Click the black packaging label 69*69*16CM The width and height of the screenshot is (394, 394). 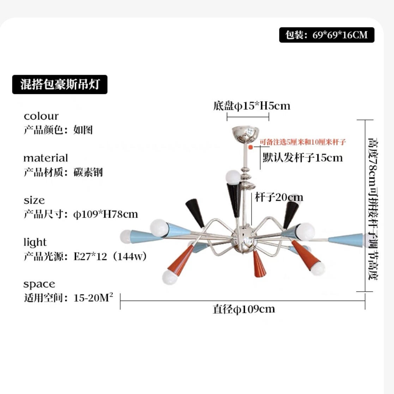[327, 35]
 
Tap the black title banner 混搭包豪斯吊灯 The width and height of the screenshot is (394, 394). [60, 84]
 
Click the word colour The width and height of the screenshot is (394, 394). [41, 116]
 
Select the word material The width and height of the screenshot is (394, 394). [46, 158]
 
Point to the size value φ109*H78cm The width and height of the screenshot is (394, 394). [105, 214]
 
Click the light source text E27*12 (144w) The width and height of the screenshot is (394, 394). [110, 256]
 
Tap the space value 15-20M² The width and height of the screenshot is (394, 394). [93, 297]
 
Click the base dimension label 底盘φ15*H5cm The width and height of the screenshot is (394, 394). [251, 106]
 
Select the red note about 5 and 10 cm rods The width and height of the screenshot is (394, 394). [303, 142]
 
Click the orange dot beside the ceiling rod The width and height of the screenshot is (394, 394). [250, 147]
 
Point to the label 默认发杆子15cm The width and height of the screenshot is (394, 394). [303, 158]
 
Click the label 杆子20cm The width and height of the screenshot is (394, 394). [279, 197]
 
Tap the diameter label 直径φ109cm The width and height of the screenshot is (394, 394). [244, 309]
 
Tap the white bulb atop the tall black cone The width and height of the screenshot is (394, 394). [233, 177]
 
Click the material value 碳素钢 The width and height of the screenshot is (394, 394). [88, 172]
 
